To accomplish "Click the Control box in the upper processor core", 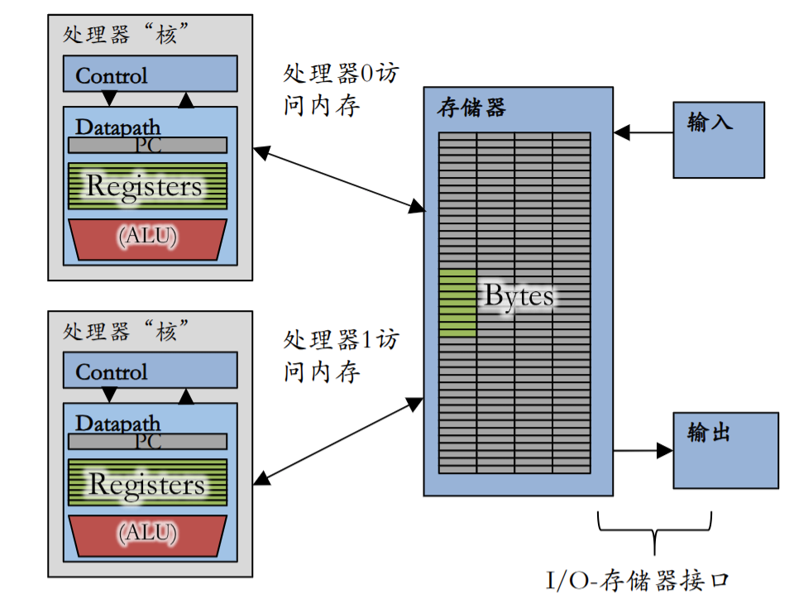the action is (x=150, y=74).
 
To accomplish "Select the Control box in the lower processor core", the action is (x=150, y=371).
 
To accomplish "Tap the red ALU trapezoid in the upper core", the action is (x=147, y=240).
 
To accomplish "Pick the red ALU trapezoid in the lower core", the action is (x=147, y=536).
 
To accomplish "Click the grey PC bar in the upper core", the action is (x=147, y=146).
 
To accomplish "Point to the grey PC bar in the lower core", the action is (x=147, y=442).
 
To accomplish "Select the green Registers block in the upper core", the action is (x=147, y=186).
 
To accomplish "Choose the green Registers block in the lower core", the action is (x=147, y=482).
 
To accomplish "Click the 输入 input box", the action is (x=719, y=140).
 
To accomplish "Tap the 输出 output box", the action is (x=725, y=451).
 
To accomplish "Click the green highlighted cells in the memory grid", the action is (x=457, y=303).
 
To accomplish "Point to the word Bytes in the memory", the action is (x=519, y=295).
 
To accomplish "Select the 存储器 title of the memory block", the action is (x=471, y=108).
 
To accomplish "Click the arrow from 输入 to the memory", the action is (x=643, y=132).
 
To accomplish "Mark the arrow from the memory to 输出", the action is (x=643, y=451).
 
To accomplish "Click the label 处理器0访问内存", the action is (x=341, y=89).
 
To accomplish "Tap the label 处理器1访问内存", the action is (x=341, y=356).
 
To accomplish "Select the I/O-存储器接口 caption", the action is (x=637, y=581).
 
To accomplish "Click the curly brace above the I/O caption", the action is (x=654, y=531).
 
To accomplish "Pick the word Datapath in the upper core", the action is (x=117, y=127).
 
